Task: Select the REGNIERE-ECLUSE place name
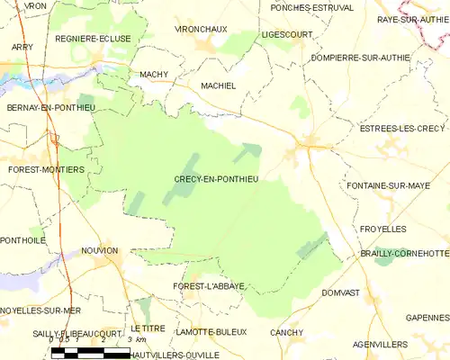(94, 39)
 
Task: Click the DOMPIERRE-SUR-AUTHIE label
(359, 57)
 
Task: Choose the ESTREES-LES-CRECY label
(402, 129)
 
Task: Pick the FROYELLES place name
(382, 229)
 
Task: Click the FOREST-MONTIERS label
(46, 168)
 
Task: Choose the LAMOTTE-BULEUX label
(211, 331)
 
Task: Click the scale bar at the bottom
(90, 353)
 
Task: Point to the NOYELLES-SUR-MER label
(41, 310)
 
